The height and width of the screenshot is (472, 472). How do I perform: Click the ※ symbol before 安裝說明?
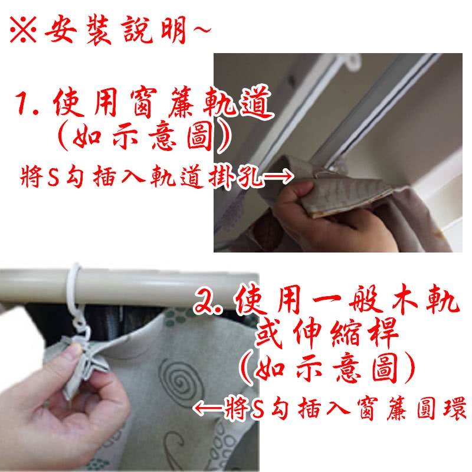(23, 29)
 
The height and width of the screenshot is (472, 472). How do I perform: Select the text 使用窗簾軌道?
(163, 103)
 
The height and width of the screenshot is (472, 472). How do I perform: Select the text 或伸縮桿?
(327, 333)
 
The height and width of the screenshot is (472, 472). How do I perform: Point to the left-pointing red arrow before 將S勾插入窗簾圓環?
(208, 409)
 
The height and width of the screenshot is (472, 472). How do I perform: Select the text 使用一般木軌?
(347, 300)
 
